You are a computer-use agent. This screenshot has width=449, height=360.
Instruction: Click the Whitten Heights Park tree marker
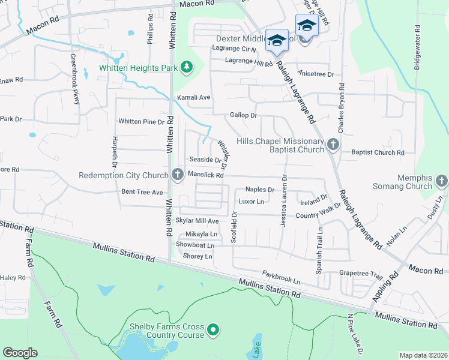tap(187, 67)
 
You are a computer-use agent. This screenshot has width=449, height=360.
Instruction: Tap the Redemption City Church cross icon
tap(177, 175)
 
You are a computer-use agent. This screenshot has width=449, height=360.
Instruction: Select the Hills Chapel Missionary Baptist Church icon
tap(334, 145)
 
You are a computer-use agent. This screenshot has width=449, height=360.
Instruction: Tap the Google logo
tap(20, 353)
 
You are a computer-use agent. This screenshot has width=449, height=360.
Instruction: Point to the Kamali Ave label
tap(193, 97)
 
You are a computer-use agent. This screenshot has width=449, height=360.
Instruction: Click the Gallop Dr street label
tap(243, 115)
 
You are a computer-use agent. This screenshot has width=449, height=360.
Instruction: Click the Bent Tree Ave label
tap(142, 193)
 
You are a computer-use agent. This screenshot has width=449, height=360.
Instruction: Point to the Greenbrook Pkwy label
tap(74, 79)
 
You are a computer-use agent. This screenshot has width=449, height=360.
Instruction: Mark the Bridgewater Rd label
tap(417, 47)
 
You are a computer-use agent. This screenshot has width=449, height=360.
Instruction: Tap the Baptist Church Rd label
tap(378, 153)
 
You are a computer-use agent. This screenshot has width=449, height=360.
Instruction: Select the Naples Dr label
tap(259, 190)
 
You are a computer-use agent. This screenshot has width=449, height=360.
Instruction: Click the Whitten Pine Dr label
tap(141, 122)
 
